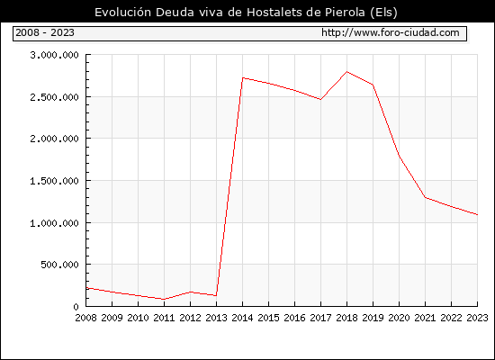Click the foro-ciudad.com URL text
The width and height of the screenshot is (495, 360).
[391, 32]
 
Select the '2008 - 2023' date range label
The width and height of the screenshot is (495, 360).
[45, 32]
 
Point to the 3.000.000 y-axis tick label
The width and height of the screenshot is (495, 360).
[54, 55]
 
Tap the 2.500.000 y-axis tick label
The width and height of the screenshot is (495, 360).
[54, 97]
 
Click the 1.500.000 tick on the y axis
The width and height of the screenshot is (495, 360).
[54, 181]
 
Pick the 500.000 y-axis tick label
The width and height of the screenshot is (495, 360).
[59, 265]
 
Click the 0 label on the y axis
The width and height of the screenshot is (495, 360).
[76, 307]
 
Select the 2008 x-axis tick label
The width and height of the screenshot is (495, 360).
[85, 318]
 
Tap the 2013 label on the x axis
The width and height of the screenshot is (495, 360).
[216, 318]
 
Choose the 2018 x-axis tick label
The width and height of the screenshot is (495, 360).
[346, 318]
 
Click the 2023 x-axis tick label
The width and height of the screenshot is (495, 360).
[477, 318]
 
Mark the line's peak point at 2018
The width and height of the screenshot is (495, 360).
[346, 72]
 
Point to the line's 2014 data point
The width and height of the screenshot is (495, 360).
[242, 77]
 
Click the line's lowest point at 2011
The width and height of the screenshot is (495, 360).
[164, 299]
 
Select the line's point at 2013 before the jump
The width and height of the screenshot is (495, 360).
[216, 295]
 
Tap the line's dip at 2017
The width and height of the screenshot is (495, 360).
[320, 100]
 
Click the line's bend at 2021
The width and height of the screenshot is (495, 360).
[425, 197]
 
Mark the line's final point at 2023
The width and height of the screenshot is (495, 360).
[477, 215]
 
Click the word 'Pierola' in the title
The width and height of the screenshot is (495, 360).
[344, 12]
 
